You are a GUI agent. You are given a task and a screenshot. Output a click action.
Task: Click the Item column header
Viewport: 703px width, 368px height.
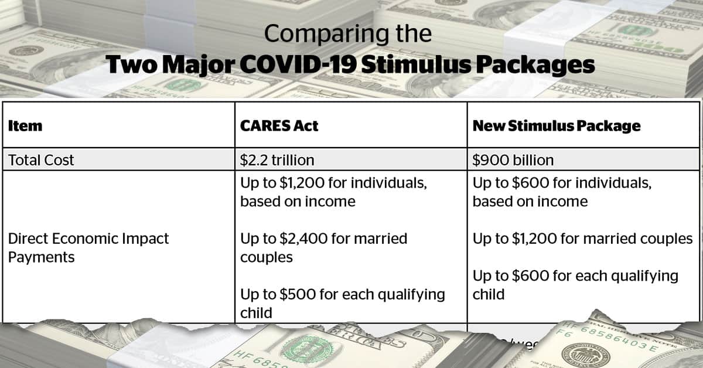point(25,126)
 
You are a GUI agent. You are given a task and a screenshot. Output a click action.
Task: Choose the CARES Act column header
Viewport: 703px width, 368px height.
point(279,126)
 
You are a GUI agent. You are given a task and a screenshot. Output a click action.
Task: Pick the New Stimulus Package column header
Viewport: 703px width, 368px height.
point(556,126)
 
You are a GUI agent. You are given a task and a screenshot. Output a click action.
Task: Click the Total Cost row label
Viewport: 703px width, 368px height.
point(41,160)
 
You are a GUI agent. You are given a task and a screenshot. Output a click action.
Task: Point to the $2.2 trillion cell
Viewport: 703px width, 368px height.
point(277,160)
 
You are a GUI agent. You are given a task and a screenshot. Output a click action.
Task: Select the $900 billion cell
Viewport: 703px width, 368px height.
point(513,160)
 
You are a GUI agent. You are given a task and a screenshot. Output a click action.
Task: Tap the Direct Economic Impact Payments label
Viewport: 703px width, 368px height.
point(88,247)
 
